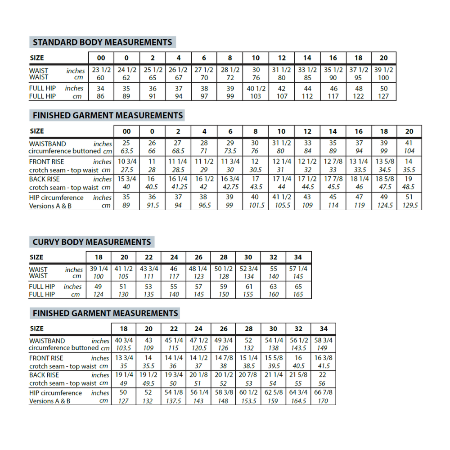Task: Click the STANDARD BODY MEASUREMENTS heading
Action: click(102, 43)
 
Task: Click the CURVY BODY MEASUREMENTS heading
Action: click(92, 242)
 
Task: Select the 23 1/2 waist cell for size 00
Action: click(102, 70)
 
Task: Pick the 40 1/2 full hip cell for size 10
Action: click(256, 89)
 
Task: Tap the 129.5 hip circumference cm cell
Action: click(409, 205)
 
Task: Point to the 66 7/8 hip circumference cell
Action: click(324, 392)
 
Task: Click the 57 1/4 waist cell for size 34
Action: click(298, 269)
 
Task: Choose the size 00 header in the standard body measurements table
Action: click(101, 58)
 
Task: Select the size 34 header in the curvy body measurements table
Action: click(298, 257)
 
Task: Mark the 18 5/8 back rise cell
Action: click(384, 179)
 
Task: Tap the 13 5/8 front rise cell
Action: click(384, 162)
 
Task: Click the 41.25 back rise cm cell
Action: click(178, 187)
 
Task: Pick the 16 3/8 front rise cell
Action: click(324, 358)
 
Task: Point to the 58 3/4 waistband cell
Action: click(324, 341)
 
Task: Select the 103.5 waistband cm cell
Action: click(123, 348)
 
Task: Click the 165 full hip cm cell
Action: click(298, 294)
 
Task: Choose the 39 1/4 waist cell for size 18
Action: click(99, 269)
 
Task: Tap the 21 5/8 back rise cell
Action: click(298, 375)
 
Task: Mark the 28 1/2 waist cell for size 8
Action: click(230, 70)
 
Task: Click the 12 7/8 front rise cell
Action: click(333, 162)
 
